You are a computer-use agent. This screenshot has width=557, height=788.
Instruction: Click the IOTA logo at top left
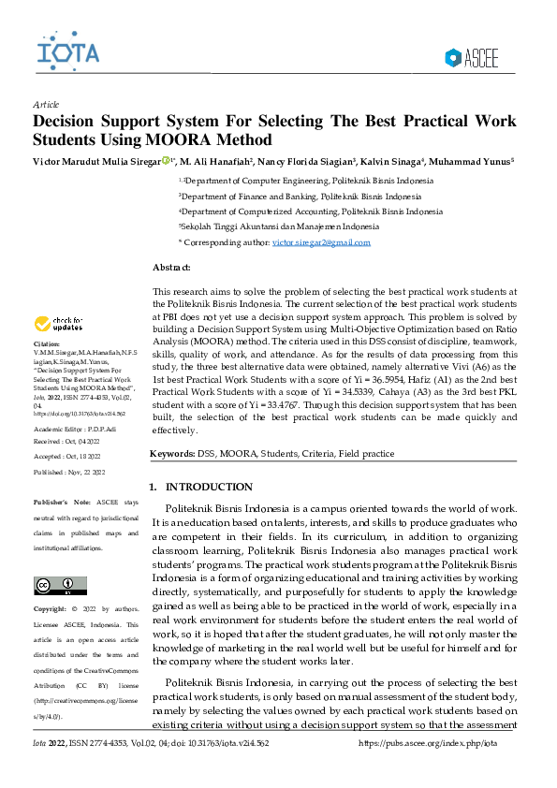pyautogui.click(x=66, y=50)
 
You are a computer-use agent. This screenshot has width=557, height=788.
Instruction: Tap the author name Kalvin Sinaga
pyautogui.click(x=395, y=161)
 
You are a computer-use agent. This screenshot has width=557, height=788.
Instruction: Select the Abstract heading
pyautogui.click(x=172, y=268)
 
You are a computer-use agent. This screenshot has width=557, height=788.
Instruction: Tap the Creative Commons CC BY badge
pyautogui.click(x=53, y=586)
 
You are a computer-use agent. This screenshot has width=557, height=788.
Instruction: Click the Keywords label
pyautogui.click(x=172, y=454)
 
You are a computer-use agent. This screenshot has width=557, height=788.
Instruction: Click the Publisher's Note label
pyautogui.click(x=63, y=503)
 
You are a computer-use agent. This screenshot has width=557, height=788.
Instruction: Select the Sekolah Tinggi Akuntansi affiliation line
pyautogui.click(x=279, y=226)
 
